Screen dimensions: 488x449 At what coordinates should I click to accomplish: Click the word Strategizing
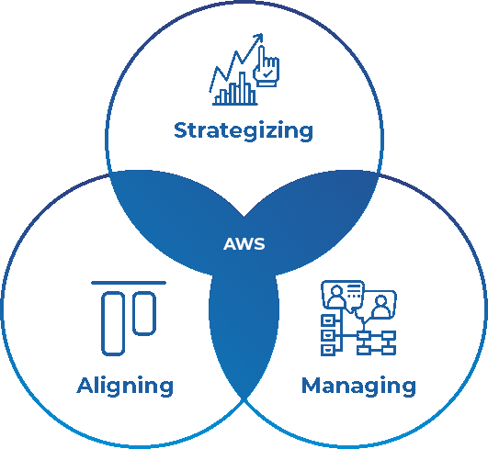click(x=244, y=131)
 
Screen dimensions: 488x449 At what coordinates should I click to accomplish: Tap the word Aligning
click(x=125, y=387)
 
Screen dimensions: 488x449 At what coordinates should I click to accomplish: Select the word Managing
click(x=358, y=387)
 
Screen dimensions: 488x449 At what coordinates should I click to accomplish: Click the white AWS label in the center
click(x=244, y=243)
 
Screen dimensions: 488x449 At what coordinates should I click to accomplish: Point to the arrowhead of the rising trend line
click(x=259, y=38)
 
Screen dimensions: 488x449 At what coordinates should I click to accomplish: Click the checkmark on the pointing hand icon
click(x=267, y=74)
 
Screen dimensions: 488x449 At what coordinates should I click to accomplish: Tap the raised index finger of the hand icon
click(x=261, y=56)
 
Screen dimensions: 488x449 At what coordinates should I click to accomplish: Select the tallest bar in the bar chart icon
click(x=242, y=87)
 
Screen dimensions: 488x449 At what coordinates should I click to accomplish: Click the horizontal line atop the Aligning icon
click(x=129, y=283)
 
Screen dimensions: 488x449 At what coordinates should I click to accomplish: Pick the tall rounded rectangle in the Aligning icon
click(x=113, y=323)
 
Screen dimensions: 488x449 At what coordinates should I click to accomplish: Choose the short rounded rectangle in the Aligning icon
click(x=144, y=313)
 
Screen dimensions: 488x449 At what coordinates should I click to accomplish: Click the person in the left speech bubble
click(x=336, y=297)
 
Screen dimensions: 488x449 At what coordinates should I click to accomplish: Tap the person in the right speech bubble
click(x=381, y=307)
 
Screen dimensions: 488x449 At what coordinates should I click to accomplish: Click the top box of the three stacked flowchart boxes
click(x=328, y=320)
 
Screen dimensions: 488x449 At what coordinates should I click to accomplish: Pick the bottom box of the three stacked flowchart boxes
click(x=328, y=350)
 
